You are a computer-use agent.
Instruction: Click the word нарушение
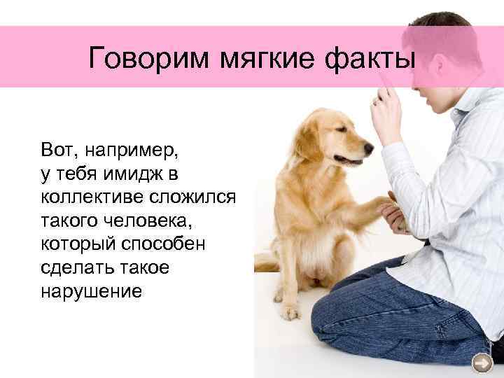[x=90, y=292]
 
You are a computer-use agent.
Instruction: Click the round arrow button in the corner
[x=482, y=363]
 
